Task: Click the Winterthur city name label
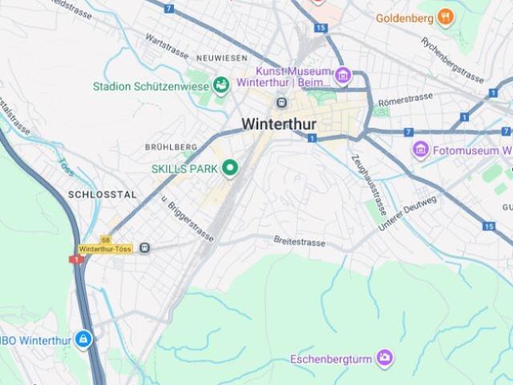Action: tap(278, 124)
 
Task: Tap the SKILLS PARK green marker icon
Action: tap(231, 168)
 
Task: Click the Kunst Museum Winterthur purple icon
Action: tap(343, 76)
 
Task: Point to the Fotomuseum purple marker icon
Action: tap(421, 149)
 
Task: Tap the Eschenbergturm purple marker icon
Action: tap(385, 357)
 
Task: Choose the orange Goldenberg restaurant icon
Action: tap(446, 17)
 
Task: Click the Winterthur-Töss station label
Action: tap(106, 249)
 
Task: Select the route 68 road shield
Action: tap(105, 240)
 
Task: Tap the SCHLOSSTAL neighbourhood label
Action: tap(102, 195)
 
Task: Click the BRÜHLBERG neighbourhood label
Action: tap(171, 148)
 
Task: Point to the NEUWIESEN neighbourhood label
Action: tap(222, 59)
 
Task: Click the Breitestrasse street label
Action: tap(299, 239)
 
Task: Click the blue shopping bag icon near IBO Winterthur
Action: tap(83, 340)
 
